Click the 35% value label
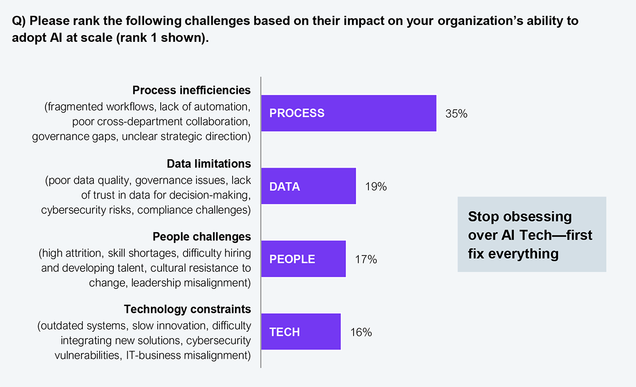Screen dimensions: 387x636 (456, 113)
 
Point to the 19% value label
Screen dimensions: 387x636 (376, 187)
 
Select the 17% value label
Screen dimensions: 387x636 (366, 259)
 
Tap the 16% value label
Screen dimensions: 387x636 (361, 332)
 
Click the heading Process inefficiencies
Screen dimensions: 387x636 (191, 90)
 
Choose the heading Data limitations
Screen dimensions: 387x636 (209, 163)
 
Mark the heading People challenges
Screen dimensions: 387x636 (202, 236)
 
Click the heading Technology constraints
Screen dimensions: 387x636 (187, 309)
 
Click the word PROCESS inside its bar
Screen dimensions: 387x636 (297, 113)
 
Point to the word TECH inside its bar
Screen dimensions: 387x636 (285, 332)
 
